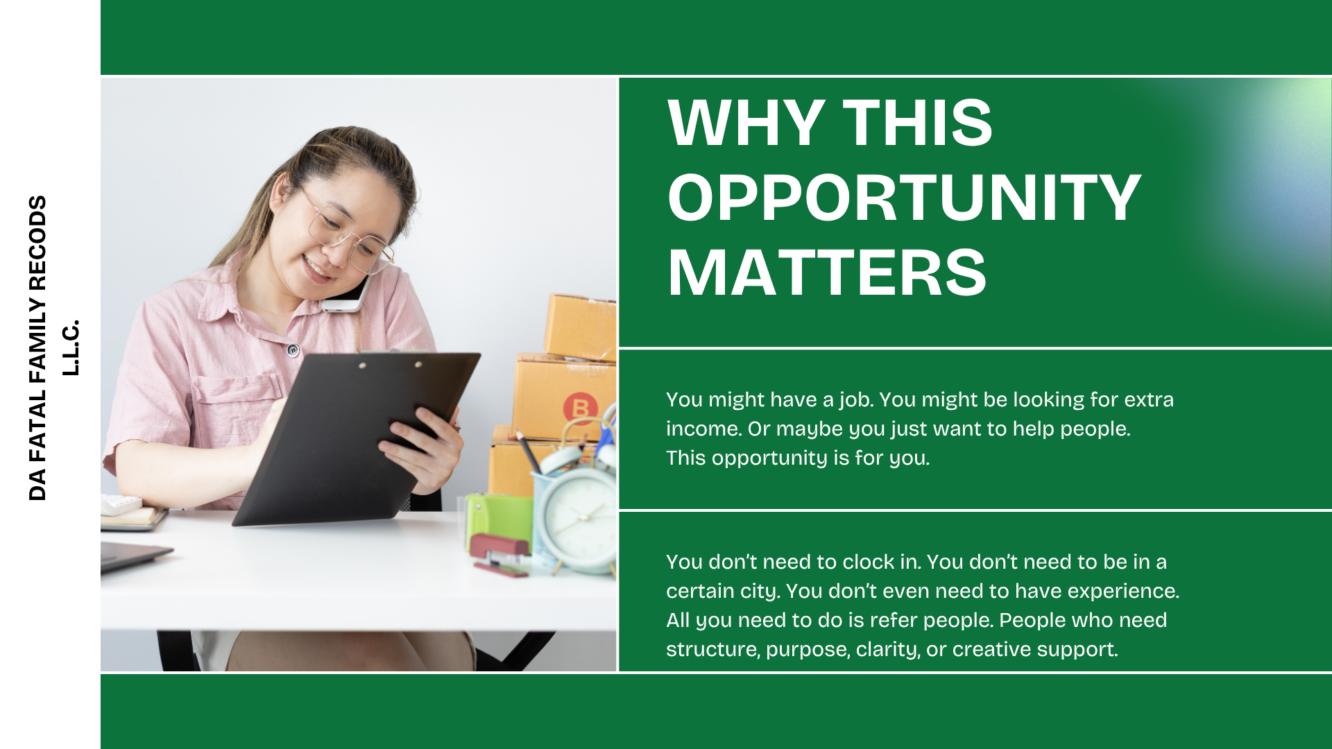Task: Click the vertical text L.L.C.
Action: [x=71, y=347]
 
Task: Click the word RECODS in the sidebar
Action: [x=37, y=242]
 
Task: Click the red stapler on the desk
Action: [x=499, y=554]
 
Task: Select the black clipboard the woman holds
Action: [x=356, y=438]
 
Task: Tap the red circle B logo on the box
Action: [x=581, y=408]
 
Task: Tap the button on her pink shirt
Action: [x=293, y=350]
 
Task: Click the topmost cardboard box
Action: [x=581, y=327]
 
